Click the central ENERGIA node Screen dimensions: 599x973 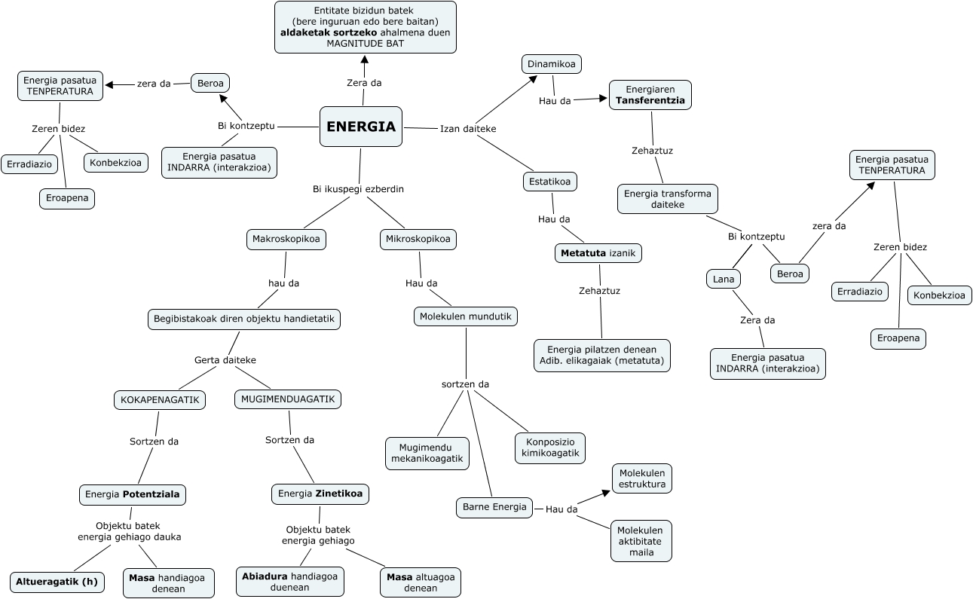361,127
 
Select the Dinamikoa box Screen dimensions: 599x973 552,64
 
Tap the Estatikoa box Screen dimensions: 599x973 550,182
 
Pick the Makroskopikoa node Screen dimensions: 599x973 286,240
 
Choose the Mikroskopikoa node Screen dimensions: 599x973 418,240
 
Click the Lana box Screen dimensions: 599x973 724,279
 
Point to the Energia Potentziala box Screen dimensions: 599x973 133,494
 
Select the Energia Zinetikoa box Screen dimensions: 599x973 320,494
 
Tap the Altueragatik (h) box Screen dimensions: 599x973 57,582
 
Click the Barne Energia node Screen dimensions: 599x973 494,507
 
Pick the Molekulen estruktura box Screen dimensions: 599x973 641,478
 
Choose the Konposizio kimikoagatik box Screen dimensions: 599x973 550,448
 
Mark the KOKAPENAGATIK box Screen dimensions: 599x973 160,399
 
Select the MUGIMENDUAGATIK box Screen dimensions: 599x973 288,399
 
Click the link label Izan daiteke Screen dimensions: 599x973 468,129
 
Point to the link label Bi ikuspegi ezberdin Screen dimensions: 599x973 358,189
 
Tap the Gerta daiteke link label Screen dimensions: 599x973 225,360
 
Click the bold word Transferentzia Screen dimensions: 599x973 650,100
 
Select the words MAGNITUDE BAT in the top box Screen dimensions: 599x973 365,44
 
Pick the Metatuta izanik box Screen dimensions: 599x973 598,253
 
